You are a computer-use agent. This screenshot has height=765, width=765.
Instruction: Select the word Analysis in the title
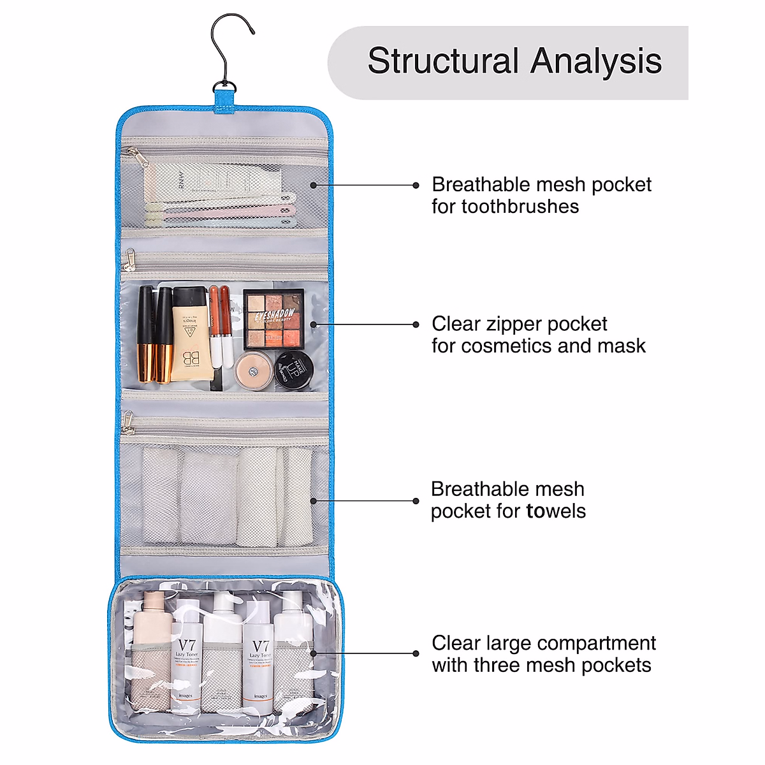(x=596, y=62)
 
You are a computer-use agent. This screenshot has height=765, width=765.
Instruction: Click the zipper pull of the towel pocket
(x=129, y=421)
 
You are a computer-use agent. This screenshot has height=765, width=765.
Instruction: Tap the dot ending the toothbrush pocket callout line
(x=416, y=186)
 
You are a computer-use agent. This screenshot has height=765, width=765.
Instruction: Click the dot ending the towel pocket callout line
(x=416, y=501)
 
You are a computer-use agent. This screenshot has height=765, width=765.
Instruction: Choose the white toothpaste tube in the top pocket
(x=210, y=181)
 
